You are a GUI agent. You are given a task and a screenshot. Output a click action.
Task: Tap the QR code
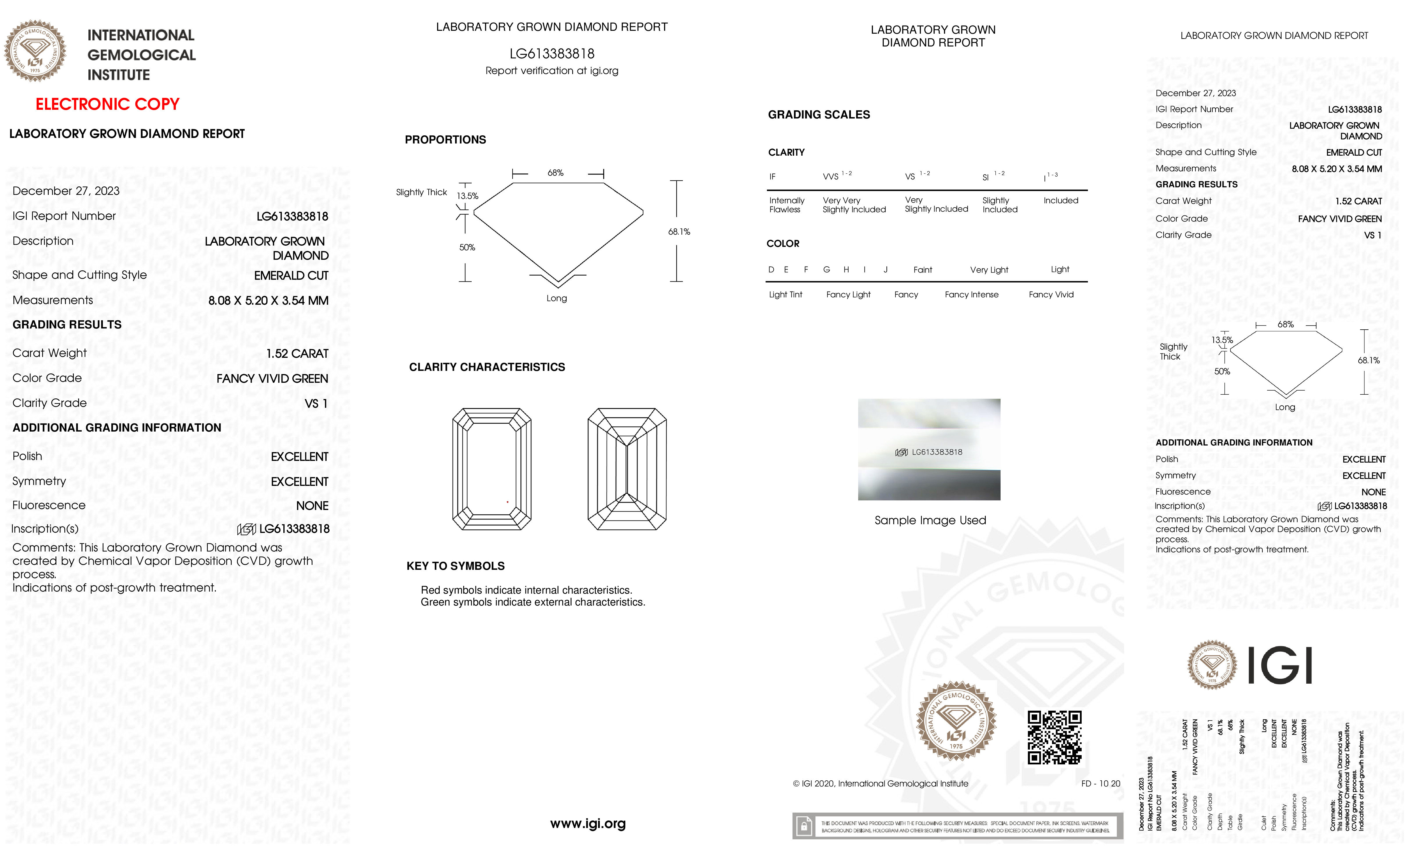[1054, 737]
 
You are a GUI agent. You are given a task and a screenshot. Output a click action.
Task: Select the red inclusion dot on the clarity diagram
[507, 502]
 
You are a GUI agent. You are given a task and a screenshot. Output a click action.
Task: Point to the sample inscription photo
[929, 449]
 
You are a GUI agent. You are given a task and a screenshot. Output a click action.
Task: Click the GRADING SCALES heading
[818, 115]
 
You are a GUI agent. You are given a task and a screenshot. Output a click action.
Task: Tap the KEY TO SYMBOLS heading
[455, 566]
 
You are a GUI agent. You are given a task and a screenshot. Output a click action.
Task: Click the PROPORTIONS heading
[445, 140]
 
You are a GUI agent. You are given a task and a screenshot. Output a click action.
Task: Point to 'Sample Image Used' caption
[930, 520]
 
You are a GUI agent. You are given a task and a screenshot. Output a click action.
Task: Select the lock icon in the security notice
[803, 827]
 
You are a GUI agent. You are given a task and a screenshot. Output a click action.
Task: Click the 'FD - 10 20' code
[1100, 784]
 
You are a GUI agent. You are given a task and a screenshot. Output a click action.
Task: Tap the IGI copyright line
[880, 784]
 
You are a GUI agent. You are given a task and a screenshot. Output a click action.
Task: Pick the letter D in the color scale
[771, 270]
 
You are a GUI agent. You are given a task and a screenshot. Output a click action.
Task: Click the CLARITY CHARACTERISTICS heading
[486, 367]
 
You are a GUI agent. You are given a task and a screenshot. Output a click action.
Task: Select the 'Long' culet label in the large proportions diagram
[557, 299]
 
